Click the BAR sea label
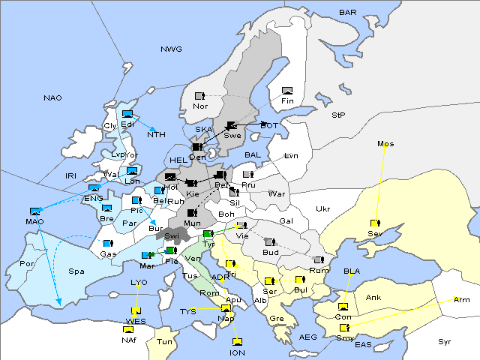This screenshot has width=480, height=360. pyautogui.click(x=348, y=13)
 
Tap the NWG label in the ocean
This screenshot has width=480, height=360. pyautogui.click(x=171, y=49)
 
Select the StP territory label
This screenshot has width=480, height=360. pyautogui.click(x=338, y=115)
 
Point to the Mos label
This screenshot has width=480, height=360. pyautogui.click(x=385, y=143)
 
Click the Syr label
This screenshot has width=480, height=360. pyautogui.click(x=445, y=341)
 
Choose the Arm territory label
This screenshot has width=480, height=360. pyautogui.click(x=462, y=300)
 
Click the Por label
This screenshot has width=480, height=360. pyautogui.click(x=28, y=264)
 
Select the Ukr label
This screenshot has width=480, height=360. pyautogui.click(x=322, y=208)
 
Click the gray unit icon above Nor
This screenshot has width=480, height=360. pyautogui.click(x=199, y=96)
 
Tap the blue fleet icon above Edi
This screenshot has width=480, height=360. pyautogui.click(x=127, y=114)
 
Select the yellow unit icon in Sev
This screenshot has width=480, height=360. pyautogui.click(x=374, y=223)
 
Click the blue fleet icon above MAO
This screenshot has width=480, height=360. pyautogui.click(x=34, y=212)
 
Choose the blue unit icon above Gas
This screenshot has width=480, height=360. pyautogui.click(x=108, y=244)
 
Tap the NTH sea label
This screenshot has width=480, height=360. pyautogui.click(x=156, y=135)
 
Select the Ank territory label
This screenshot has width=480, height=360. pyautogui.click(x=373, y=298)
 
